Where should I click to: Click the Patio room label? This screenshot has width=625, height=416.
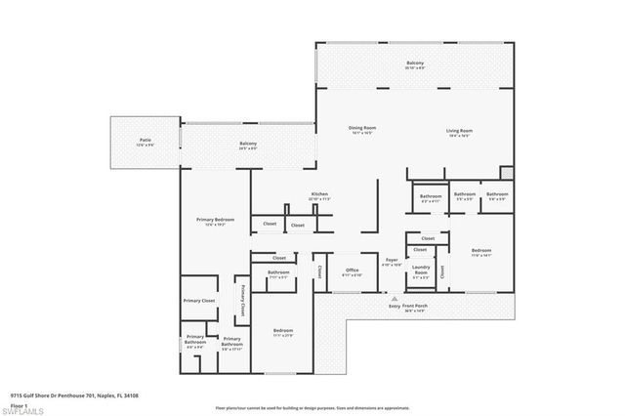[145, 142]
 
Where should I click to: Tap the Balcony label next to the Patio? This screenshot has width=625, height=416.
[248, 146]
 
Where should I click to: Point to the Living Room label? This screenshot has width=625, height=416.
[460, 130]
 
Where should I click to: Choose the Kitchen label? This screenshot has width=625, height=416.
[319, 195]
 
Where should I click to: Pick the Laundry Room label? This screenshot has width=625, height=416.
[421, 269]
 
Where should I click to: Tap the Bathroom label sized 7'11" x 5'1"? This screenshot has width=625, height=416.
[278, 273]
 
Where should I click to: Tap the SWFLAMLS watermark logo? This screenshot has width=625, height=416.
[22, 408]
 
